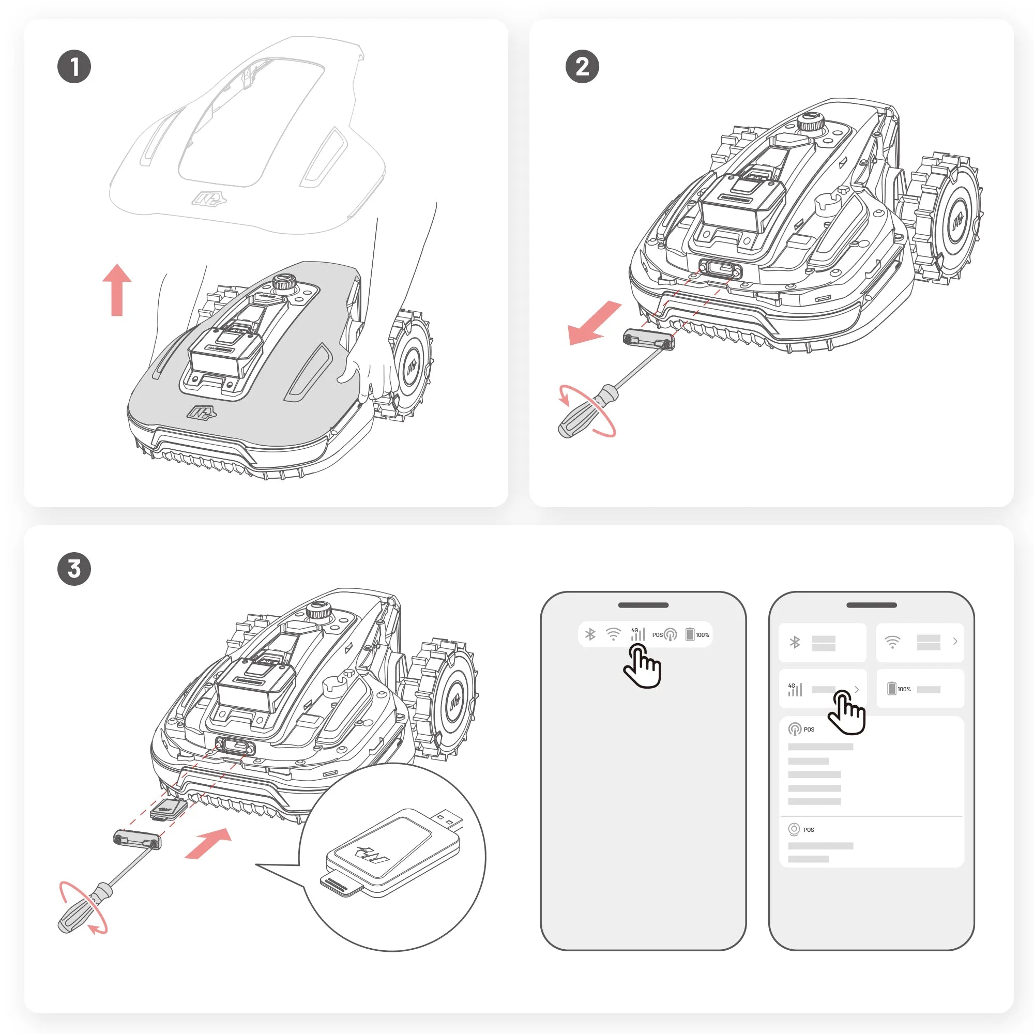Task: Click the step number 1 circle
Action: [x=74, y=67]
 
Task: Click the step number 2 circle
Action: [x=582, y=67]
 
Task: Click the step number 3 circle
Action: [x=74, y=568]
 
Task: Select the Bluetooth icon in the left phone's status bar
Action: [x=590, y=634]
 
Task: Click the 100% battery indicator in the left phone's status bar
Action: [x=697, y=634]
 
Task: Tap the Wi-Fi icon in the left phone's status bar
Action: [x=613, y=634]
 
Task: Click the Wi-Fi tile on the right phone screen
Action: [x=919, y=642]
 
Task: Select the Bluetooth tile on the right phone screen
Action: [x=822, y=642]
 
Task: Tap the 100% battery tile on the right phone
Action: [x=919, y=689]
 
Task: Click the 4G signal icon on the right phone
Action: [x=795, y=689]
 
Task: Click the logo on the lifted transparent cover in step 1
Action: [x=209, y=200]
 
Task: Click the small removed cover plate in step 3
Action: [x=137, y=838]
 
